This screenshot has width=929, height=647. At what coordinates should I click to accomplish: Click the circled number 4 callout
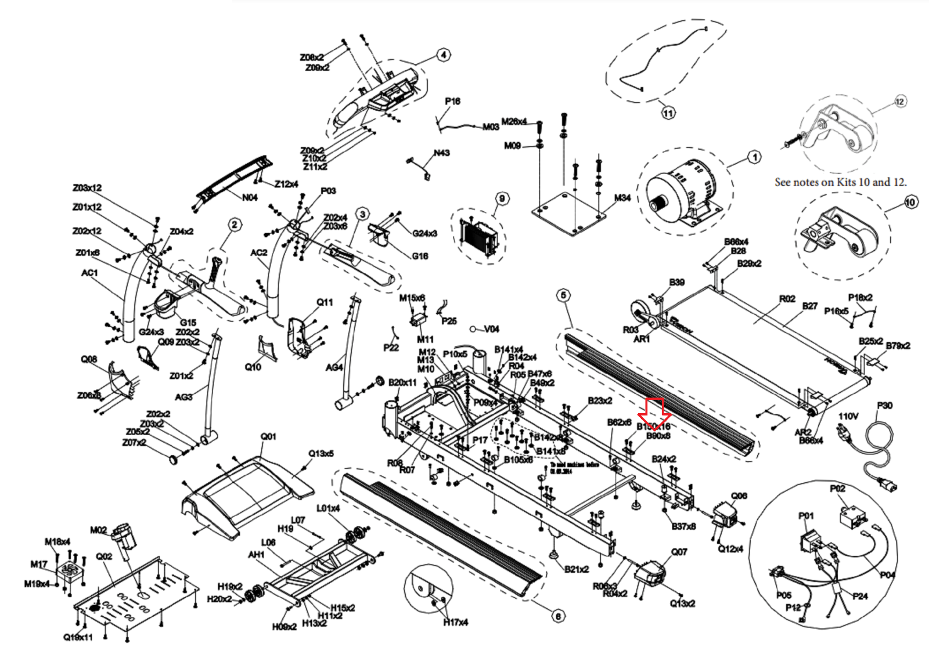click(x=443, y=55)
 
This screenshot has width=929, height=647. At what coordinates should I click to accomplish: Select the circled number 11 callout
click(x=668, y=113)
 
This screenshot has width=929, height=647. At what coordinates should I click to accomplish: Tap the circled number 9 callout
click(x=502, y=199)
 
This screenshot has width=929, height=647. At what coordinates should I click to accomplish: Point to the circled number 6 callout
click(x=557, y=616)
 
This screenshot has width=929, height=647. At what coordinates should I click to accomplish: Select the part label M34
click(x=622, y=198)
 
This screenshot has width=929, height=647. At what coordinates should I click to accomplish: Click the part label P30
click(x=884, y=406)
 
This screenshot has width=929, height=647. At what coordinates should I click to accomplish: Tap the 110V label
click(x=848, y=416)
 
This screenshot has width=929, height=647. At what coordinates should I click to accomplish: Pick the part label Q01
click(x=268, y=436)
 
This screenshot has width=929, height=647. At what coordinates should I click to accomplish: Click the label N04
click(x=250, y=197)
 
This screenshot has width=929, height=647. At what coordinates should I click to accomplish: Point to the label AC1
click(x=89, y=273)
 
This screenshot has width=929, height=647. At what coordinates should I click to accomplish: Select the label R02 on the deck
click(x=787, y=299)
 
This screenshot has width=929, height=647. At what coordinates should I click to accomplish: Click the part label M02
click(x=99, y=530)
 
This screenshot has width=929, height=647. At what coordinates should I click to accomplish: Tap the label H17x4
click(x=455, y=623)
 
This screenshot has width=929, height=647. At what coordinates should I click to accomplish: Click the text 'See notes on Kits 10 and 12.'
click(x=840, y=182)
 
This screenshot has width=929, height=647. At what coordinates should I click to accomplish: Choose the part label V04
click(x=491, y=329)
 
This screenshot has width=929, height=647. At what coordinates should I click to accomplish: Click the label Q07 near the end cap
click(x=679, y=552)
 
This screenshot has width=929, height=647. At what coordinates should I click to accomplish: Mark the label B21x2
click(x=577, y=569)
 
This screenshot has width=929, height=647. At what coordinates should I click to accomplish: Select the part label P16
click(x=452, y=101)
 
